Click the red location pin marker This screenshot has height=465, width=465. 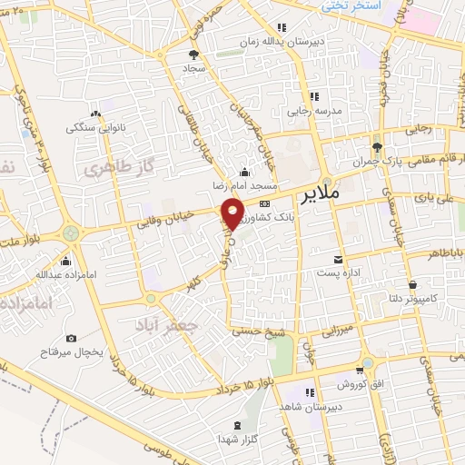pos(233,214)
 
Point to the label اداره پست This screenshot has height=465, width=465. pos(339,272)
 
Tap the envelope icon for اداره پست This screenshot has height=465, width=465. pos(339,259)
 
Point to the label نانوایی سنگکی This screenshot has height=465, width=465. pos(90,129)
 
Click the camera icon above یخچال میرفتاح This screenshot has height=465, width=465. pos(72,339)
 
